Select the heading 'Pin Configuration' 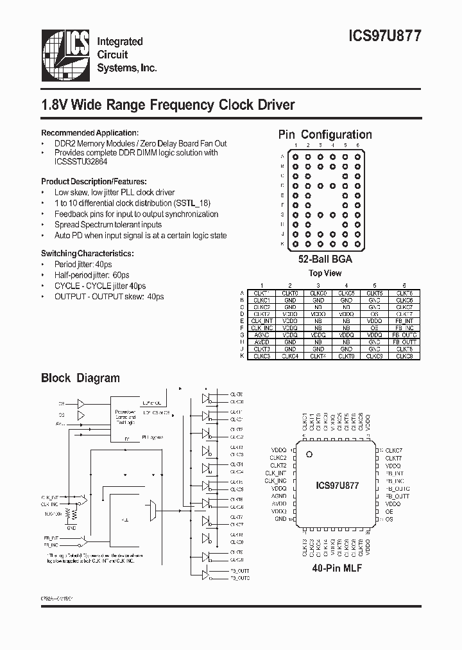click(x=325, y=134)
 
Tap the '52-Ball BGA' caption click(x=325, y=259)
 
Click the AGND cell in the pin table click(x=262, y=335)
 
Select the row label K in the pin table click(x=243, y=355)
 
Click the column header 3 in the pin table click(x=318, y=285)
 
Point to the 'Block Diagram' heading click(x=80, y=378)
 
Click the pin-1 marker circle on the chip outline click(x=309, y=455)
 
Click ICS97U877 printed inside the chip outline click(x=337, y=486)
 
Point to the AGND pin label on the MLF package click(x=278, y=496)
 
